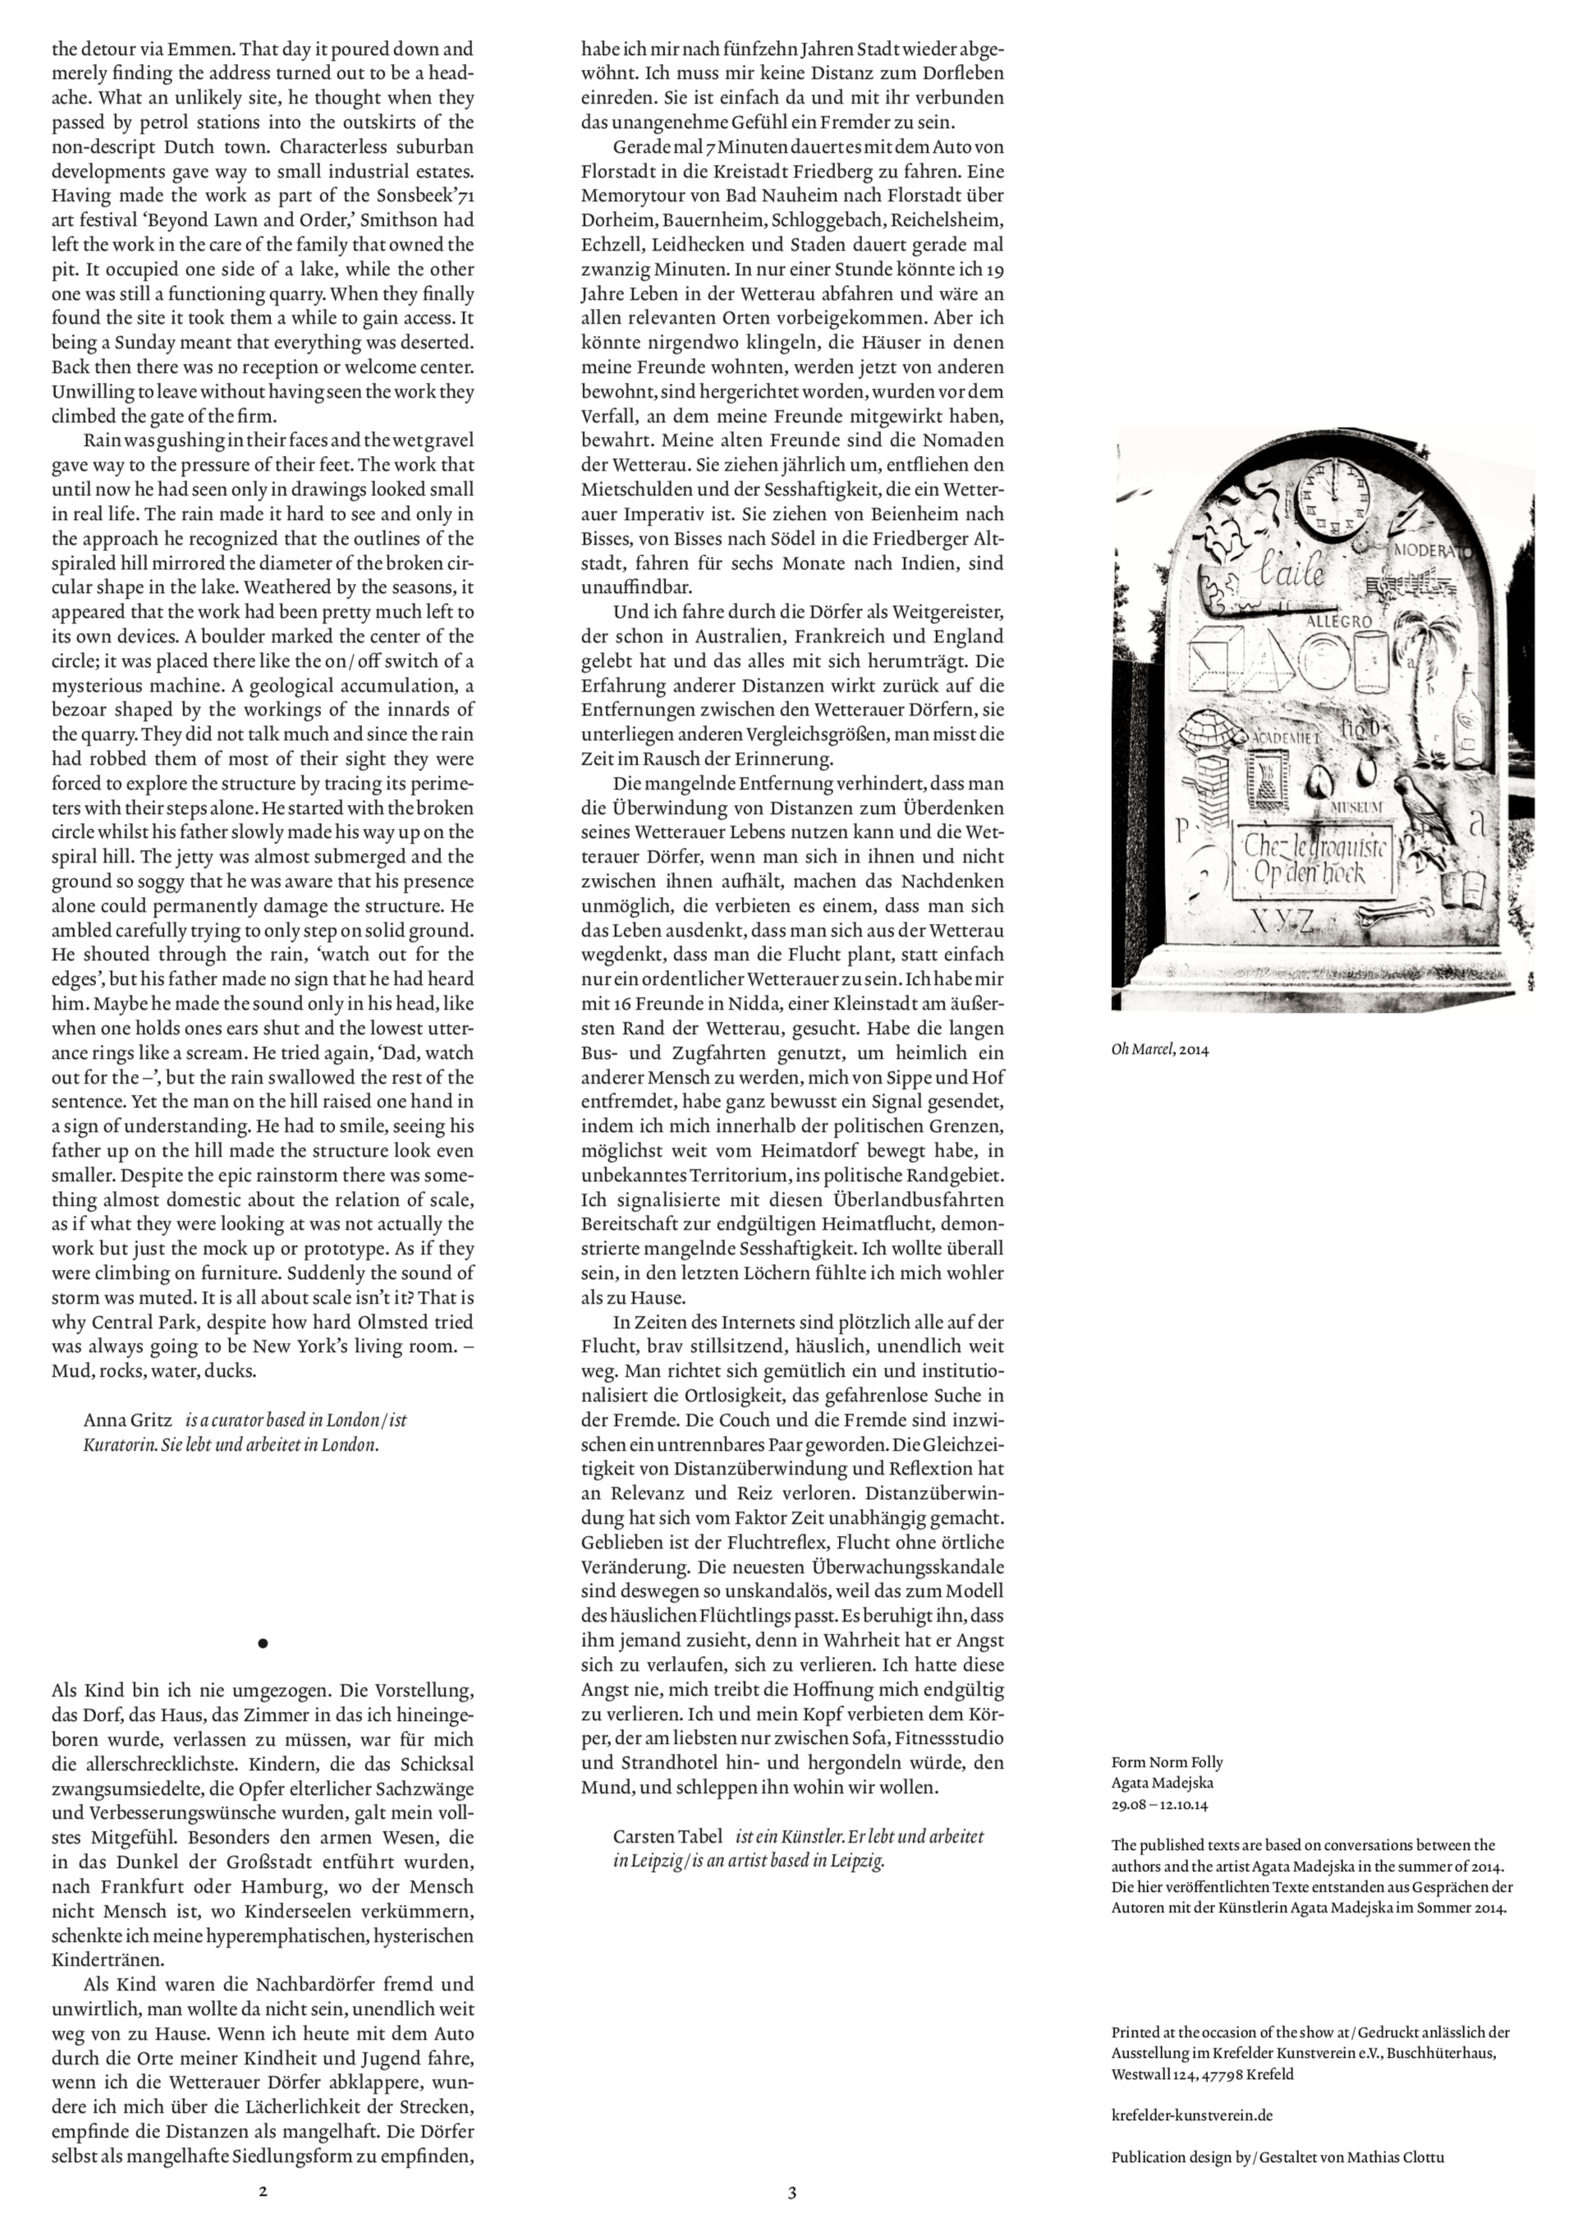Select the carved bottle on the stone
[1466, 719]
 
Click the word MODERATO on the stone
[1430, 550]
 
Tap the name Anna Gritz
[127, 1419]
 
